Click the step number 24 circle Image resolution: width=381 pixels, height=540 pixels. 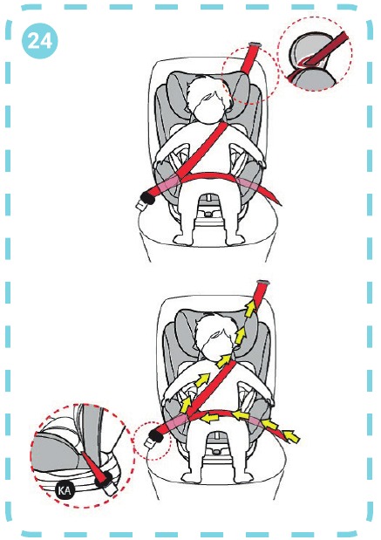(x=39, y=41)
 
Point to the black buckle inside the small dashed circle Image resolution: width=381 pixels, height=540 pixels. (x=155, y=436)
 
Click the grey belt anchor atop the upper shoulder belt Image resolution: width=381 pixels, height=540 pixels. (x=255, y=44)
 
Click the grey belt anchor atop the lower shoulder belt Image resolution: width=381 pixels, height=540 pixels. (x=263, y=284)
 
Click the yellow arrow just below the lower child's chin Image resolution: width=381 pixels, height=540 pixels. (x=224, y=360)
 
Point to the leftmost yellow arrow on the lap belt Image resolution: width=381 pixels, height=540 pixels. (x=211, y=417)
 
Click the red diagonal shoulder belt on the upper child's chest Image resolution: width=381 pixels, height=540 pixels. (x=203, y=149)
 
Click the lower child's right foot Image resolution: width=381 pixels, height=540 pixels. (x=191, y=477)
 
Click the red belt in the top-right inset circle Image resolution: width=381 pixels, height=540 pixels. (x=318, y=56)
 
